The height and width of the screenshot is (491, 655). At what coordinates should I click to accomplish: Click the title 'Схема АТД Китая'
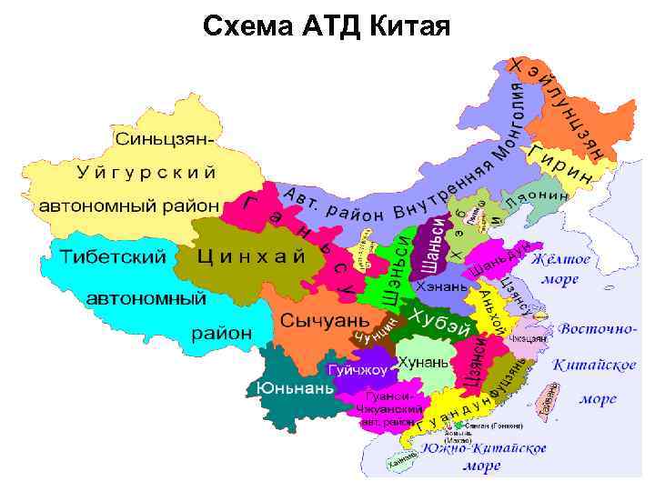tap(327, 26)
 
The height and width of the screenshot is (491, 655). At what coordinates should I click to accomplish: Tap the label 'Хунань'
tap(423, 362)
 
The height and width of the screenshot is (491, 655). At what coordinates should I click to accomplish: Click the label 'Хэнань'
tap(440, 286)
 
